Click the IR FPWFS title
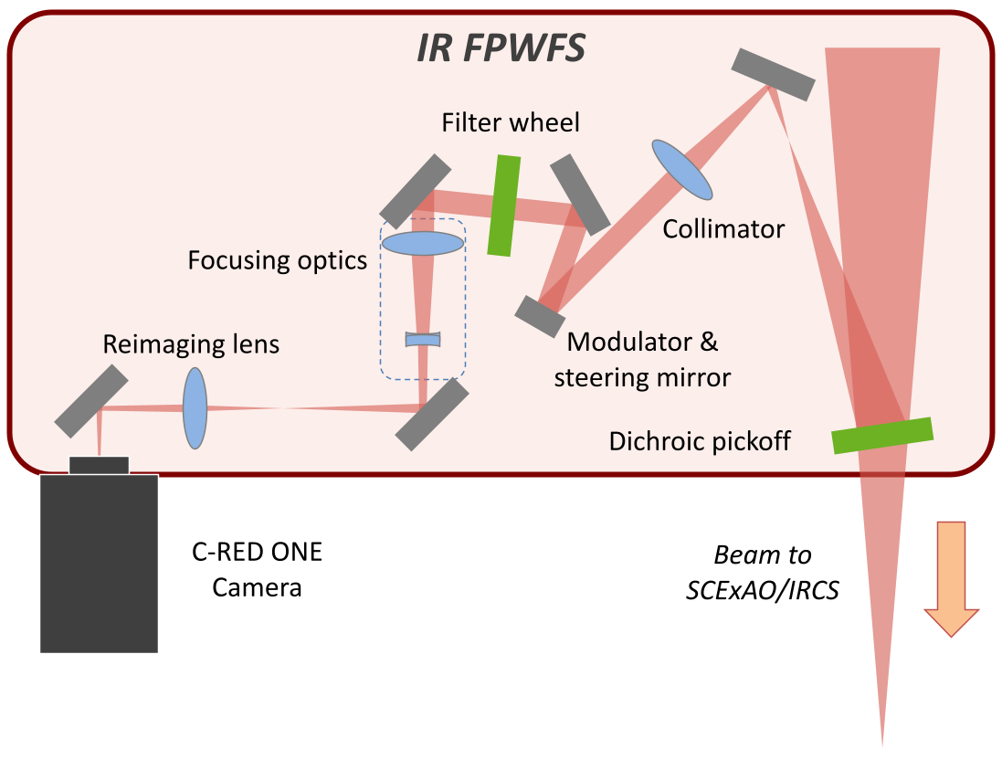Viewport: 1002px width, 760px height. pyautogui.click(x=501, y=47)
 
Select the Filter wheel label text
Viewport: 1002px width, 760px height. pyautogui.click(x=510, y=122)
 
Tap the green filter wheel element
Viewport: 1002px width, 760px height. pyautogui.click(x=503, y=206)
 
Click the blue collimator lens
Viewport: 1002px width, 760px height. pyautogui.click(x=681, y=170)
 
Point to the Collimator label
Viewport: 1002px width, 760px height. pyautogui.click(x=723, y=228)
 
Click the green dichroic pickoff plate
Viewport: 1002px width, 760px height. pyautogui.click(x=882, y=436)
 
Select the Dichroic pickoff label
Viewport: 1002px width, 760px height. pyautogui.click(x=700, y=442)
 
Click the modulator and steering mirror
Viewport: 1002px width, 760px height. pyautogui.click(x=540, y=316)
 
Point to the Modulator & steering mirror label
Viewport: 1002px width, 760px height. pyautogui.click(x=642, y=359)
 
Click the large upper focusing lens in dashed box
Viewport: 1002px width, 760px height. pyautogui.click(x=422, y=243)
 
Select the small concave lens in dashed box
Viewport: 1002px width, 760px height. pyautogui.click(x=423, y=340)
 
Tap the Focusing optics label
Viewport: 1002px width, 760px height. pyautogui.click(x=277, y=260)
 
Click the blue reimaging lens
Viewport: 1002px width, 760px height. pyautogui.click(x=195, y=408)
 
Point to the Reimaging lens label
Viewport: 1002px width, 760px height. pyautogui.click(x=191, y=344)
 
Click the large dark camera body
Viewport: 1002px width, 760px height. pyautogui.click(x=99, y=563)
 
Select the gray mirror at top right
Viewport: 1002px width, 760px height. pyautogui.click(x=773, y=74)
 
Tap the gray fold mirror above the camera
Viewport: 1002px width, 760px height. pyautogui.click(x=90, y=401)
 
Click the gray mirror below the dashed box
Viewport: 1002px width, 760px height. pyautogui.click(x=432, y=416)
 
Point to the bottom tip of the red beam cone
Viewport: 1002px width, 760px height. pyautogui.click(x=882, y=744)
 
